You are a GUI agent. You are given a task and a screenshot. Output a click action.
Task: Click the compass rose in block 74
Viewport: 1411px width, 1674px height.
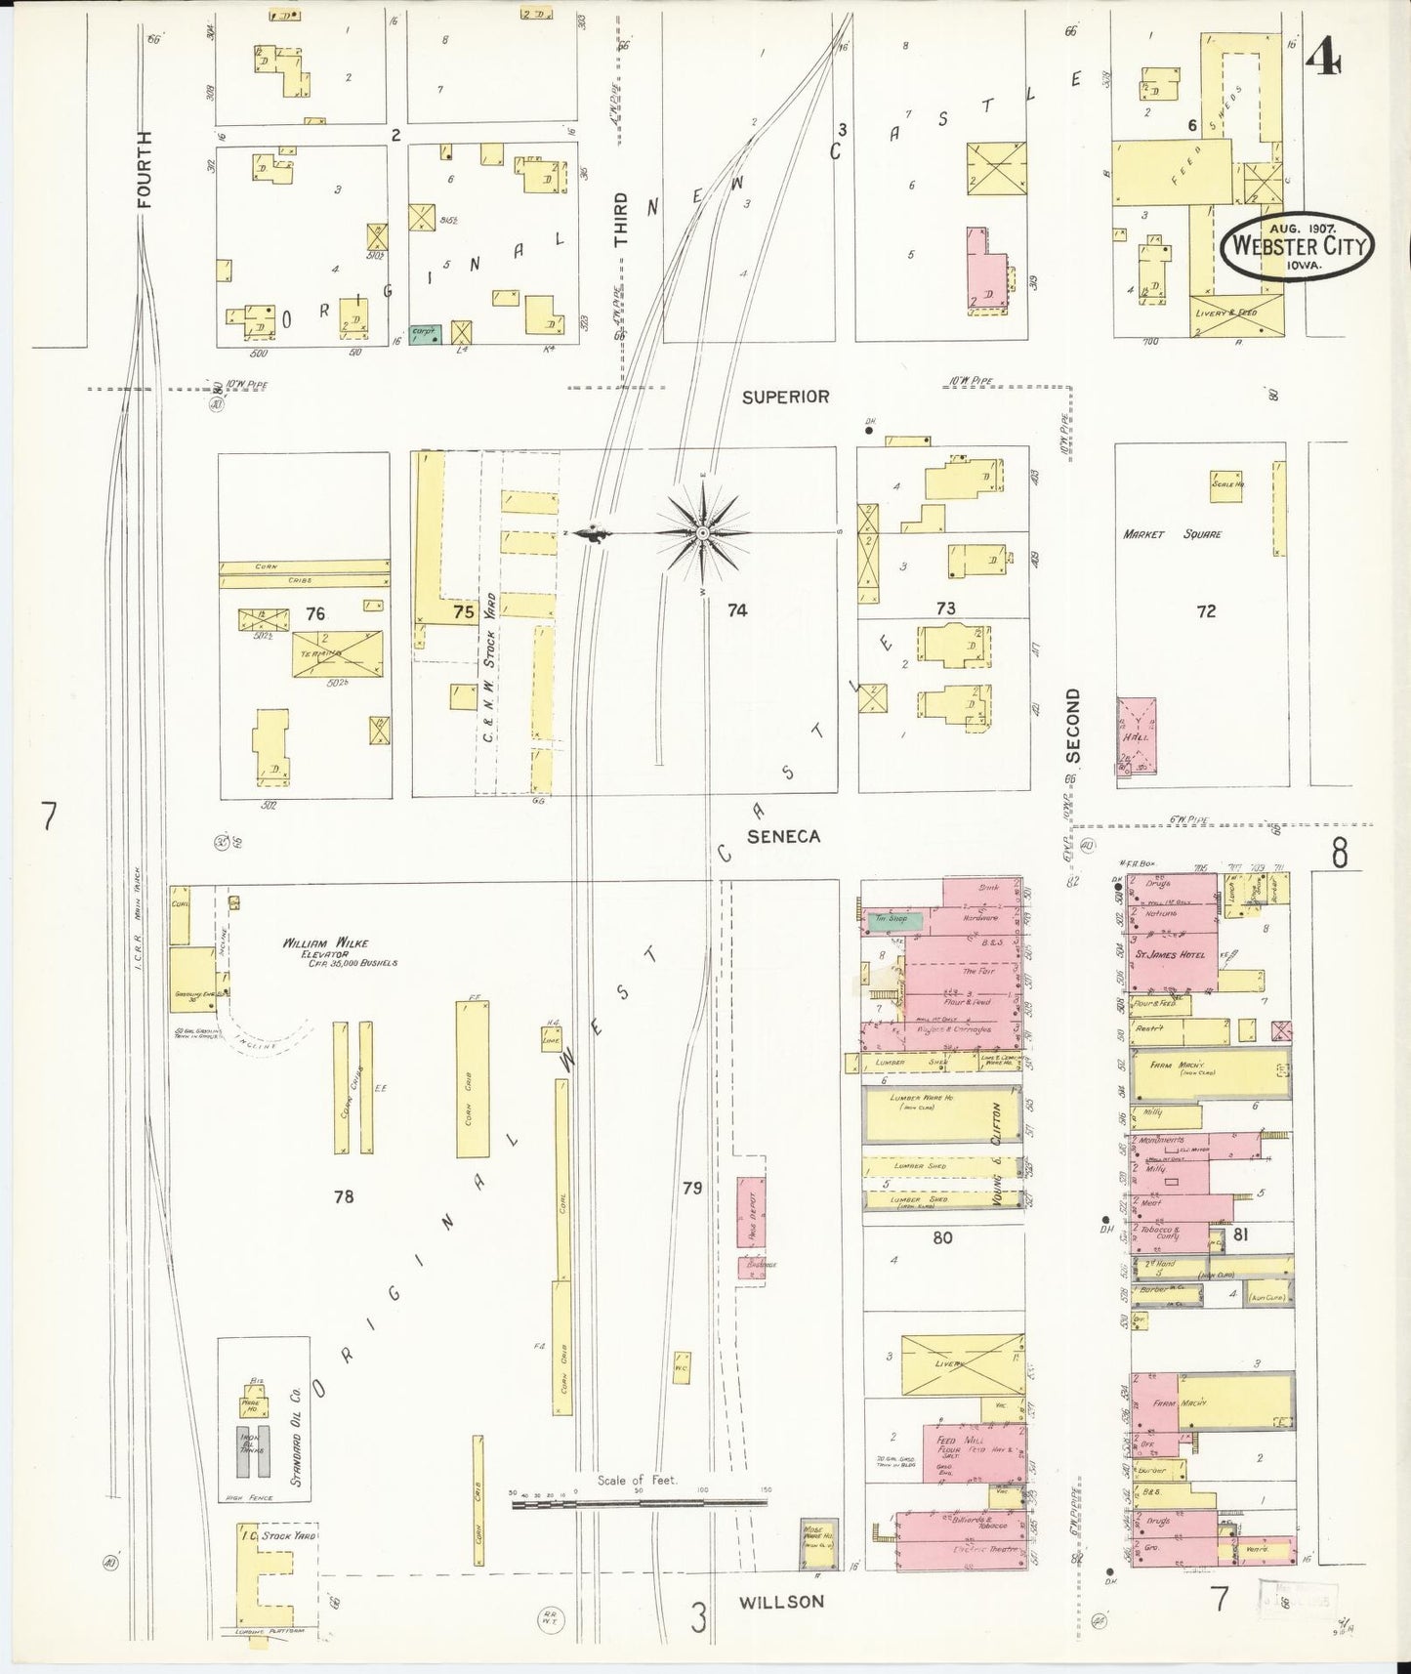(x=702, y=532)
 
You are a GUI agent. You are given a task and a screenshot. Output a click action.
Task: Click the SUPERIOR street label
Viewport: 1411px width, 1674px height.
(x=785, y=397)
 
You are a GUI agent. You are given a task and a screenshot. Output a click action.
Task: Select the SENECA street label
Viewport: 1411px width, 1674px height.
(x=783, y=836)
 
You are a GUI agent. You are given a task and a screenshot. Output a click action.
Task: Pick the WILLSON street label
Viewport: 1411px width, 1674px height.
(x=781, y=1601)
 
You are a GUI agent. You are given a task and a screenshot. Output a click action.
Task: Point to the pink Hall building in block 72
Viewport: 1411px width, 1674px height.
(x=1136, y=736)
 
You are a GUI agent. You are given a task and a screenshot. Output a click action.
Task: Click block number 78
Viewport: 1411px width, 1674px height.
(x=343, y=1196)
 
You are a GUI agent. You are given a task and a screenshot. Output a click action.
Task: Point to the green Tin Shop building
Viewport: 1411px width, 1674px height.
(x=886, y=918)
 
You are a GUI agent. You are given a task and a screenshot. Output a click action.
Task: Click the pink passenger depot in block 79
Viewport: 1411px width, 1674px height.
(x=750, y=1211)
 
